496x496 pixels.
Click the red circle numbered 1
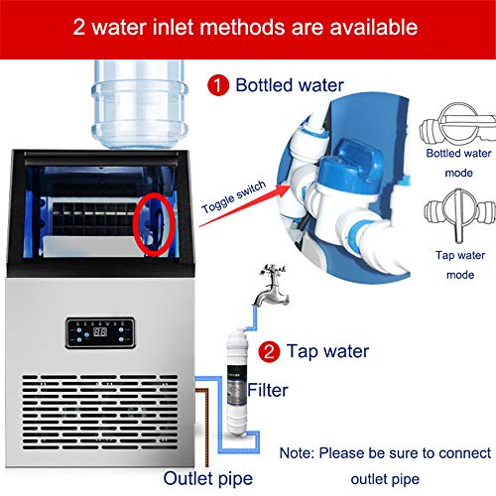click(x=218, y=85)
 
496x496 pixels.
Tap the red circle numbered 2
click(x=269, y=351)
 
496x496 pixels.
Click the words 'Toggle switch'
click(x=234, y=196)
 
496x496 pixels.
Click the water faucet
click(x=271, y=285)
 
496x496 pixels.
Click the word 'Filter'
click(x=268, y=390)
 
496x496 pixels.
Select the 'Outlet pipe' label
click(x=208, y=479)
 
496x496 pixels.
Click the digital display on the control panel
click(x=100, y=331)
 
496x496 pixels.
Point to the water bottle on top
click(x=140, y=104)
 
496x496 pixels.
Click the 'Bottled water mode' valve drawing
click(x=458, y=124)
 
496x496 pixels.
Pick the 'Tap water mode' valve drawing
click(x=459, y=214)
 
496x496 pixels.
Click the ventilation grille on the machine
click(x=100, y=412)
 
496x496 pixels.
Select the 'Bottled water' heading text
click(x=290, y=85)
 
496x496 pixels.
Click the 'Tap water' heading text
click(x=327, y=351)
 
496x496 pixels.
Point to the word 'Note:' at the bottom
click(x=297, y=453)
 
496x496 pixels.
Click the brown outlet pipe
click(x=206, y=427)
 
